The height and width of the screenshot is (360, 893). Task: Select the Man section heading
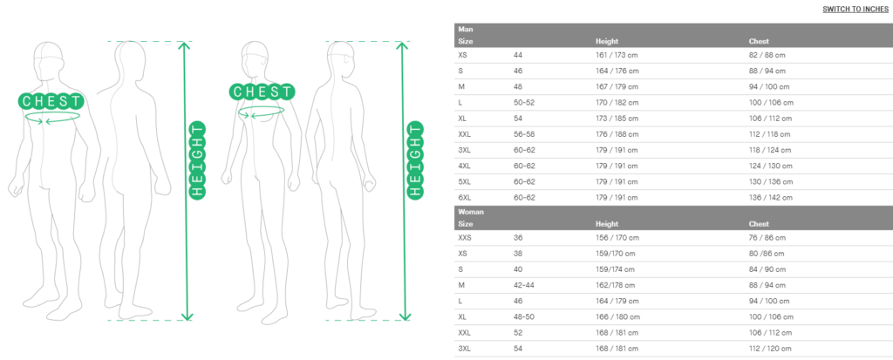[x=465, y=29]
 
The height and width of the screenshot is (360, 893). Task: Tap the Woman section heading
[x=470, y=212]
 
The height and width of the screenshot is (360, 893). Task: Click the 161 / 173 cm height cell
[x=617, y=55]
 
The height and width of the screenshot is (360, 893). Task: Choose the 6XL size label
[x=464, y=198]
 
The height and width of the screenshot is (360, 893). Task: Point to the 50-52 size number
[x=524, y=103]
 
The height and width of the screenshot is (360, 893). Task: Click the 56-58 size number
[x=524, y=134]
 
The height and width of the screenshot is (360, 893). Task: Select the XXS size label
[x=465, y=238]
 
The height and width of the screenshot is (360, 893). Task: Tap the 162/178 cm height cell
[x=615, y=285]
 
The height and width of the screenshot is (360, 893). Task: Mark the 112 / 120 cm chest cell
[x=771, y=349]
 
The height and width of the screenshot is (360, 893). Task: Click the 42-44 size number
[x=524, y=285]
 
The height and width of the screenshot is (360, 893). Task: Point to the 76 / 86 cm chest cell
[x=767, y=238]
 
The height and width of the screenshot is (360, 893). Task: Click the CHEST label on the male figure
[x=51, y=101]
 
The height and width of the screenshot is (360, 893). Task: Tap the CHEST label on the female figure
[x=262, y=92]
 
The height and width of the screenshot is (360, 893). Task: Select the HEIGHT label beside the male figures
[x=197, y=160]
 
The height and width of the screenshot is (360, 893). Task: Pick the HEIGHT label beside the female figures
[x=415, y=160]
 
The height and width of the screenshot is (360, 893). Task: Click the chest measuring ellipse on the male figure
[x=52, y=112]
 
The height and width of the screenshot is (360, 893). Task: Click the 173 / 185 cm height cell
[x=617, y=119]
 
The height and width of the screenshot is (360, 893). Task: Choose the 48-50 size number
[x=524, y=316]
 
